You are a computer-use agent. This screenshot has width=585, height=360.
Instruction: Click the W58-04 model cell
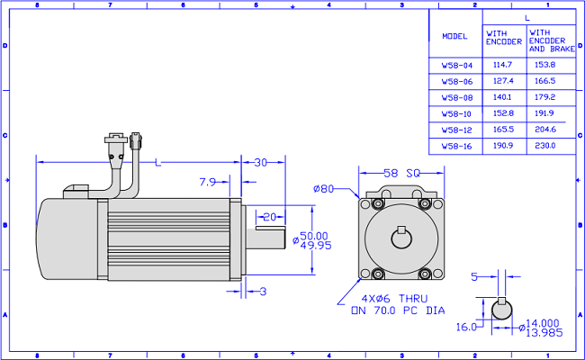[457, 66]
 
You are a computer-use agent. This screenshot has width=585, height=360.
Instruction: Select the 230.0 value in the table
[545, 146]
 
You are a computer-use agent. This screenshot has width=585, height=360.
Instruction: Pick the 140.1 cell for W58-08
[502, 97]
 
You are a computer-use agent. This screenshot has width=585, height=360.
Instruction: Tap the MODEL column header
[454, 36]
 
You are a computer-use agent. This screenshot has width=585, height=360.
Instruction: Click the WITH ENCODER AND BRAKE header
[552, 40]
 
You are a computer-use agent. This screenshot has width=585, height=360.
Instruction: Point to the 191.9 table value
[544, 113]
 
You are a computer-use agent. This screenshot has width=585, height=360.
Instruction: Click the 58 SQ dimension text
[401, 173]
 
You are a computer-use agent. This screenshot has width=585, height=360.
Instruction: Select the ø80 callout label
[323, 189]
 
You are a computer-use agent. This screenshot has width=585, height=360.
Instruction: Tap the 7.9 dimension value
[207, 182]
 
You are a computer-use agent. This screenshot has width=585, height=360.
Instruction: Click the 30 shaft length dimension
[261, 163]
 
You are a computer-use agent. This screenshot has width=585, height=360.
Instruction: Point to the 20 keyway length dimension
[269, 217]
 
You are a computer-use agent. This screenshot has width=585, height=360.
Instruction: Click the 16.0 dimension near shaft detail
[466, 328]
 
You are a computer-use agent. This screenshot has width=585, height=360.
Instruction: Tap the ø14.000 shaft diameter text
[539, 323]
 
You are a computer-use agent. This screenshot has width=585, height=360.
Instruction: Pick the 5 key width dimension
[474, 277]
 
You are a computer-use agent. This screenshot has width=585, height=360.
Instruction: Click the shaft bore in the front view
[401, 238]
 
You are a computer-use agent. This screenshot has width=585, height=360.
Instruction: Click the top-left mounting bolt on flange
[378, 204]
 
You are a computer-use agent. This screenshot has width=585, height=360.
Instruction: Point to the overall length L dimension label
[158, 163]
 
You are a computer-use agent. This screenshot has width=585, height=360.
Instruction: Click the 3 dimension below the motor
[263, 292]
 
